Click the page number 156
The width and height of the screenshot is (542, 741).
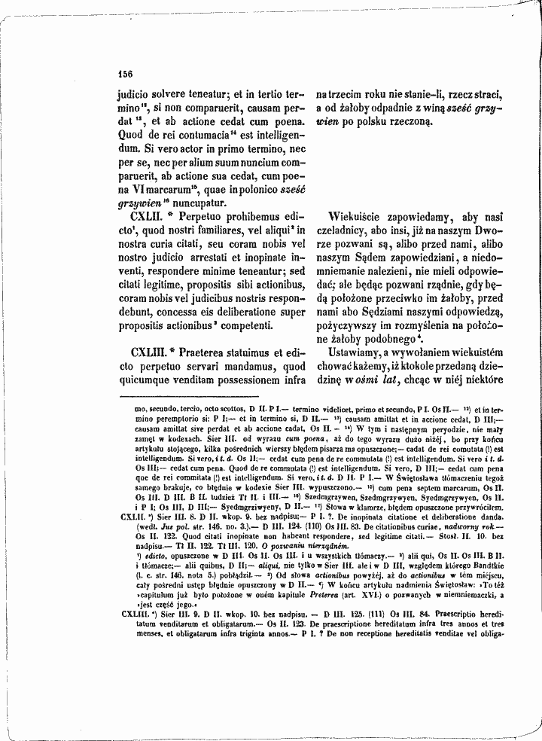(x=125, y=74)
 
